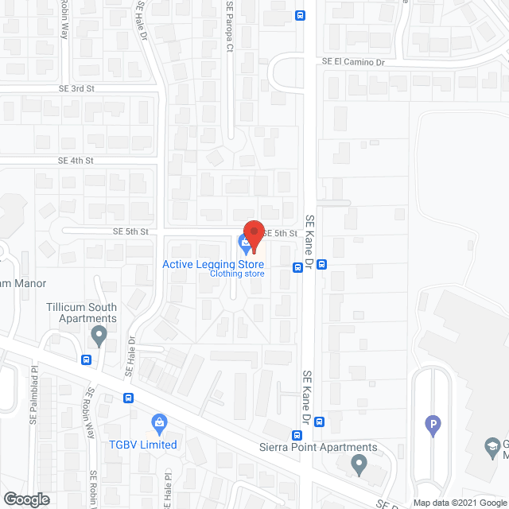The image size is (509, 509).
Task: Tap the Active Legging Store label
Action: pos(213,264)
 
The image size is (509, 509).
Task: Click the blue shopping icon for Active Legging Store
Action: pos(244,241)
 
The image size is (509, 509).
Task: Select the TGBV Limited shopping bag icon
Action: pos(159,421)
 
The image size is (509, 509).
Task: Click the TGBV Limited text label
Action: pos(144,445)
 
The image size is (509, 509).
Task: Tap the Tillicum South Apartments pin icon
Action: pos(99,336)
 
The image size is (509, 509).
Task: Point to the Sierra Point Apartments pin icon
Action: pos(359,463)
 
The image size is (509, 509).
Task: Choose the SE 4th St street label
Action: pos(76,160)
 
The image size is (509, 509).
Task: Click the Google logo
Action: pos(26,499)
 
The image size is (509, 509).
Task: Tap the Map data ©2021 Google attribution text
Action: pos(460,503)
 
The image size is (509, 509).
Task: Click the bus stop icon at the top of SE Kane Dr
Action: pos(300,14)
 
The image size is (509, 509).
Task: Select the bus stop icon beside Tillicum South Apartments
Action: pos(85,359)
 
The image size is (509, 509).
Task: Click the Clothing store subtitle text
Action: pos(237,274)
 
